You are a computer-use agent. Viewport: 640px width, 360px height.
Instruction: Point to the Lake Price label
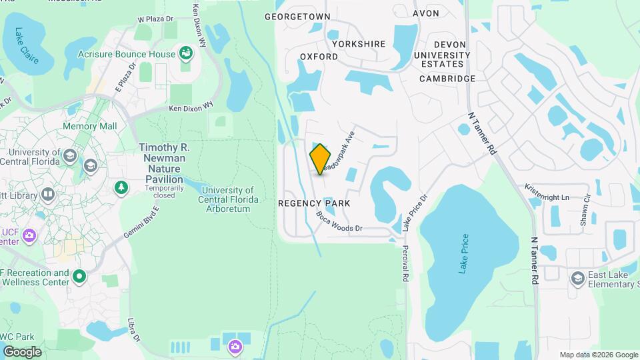[x=465, y=253]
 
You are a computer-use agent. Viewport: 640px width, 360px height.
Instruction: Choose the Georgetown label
[x=297, y=16]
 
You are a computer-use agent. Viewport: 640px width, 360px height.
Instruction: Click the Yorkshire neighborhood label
[x=359, y=44]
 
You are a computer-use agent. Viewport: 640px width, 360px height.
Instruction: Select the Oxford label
[x=319, y=57]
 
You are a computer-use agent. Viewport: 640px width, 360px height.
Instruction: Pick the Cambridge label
[x=447, y=79]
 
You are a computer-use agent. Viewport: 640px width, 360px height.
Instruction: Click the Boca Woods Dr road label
[x=339, y=222]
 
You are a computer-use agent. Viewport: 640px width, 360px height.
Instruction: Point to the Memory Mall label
[x=89, y=126]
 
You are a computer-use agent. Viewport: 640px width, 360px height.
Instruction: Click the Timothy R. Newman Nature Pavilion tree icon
[x=121, y=188]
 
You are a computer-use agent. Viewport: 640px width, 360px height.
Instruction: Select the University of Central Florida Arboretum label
[x=227, y=199]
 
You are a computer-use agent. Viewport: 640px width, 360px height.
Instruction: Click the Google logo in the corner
[x=22, y=351]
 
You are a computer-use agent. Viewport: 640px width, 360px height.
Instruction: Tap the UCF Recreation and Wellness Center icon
[x=79, y=275]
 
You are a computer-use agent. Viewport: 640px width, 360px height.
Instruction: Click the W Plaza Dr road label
[x=154, y=20]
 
